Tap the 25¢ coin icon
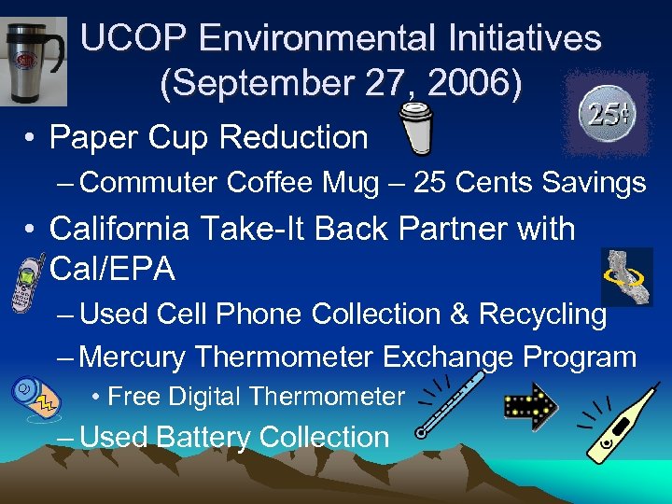click(x=605, y=115)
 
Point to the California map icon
click(x=626, y=276)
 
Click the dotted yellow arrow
click(x=529, y=402)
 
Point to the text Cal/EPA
click(x=112, y=270)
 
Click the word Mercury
click(x=135, y=357)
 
